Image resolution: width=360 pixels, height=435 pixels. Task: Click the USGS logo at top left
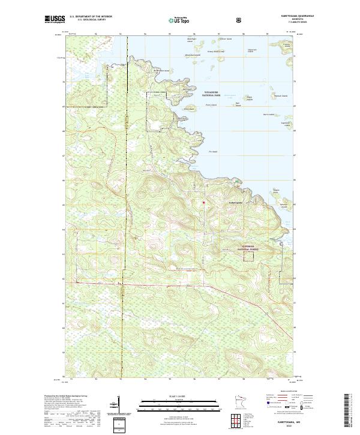55,19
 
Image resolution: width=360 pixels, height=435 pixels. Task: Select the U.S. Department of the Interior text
91,17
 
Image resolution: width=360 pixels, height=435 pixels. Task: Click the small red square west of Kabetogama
203,202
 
